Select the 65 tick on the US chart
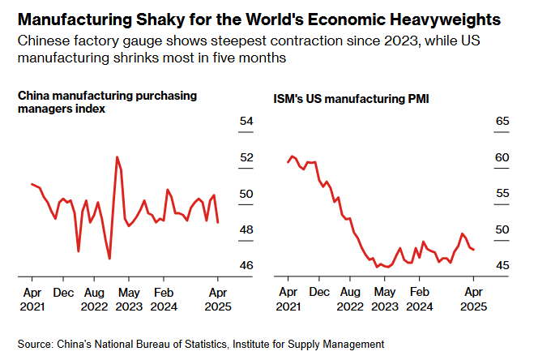point(502,122)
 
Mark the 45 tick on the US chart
point(502,266)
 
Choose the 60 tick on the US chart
point(502,157)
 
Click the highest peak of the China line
point(117,156)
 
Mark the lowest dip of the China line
point(109,259)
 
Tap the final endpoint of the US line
point(473,250)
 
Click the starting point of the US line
point(288,162)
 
